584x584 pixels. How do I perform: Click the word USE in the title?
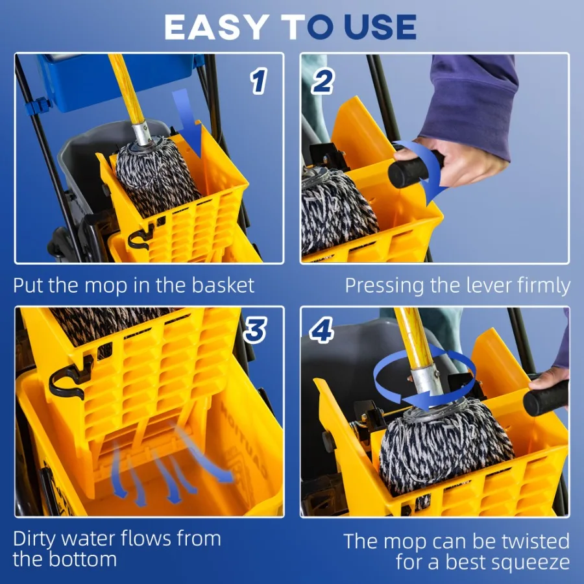[x=380, y=27]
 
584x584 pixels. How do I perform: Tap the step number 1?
[x=258, y=82]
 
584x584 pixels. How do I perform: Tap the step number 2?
[x=322, y=82]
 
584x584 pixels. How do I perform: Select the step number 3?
[x=254, y=331]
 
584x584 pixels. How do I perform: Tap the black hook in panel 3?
[x=69, y=379]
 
